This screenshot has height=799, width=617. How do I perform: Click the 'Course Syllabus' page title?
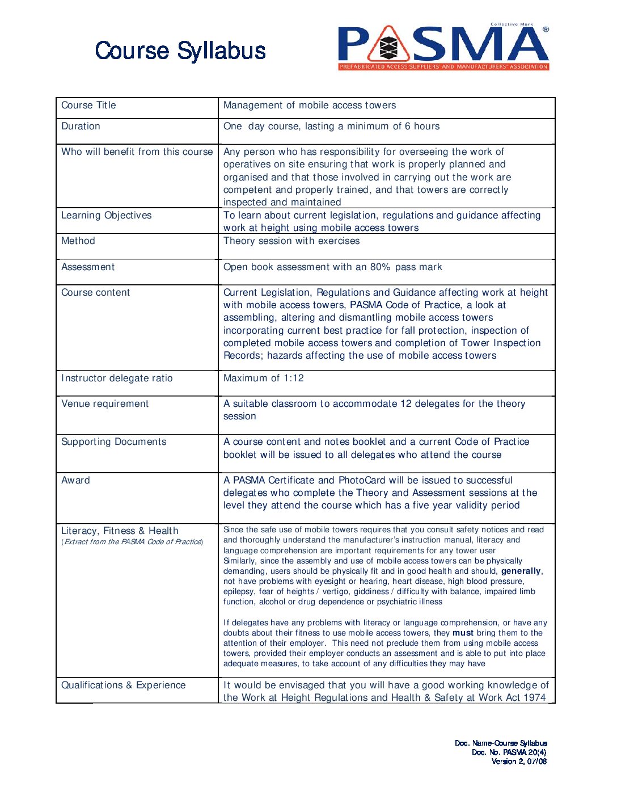tap(180, 51)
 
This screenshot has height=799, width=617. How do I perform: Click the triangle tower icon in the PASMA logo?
tap(388, 45)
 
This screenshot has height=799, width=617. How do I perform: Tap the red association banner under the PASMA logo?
tap(443, 66)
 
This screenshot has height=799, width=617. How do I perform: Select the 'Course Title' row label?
tap(88, 106)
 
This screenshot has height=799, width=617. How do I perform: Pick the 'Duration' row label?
tap(81, 127)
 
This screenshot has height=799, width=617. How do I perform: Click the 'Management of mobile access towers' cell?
tap(310, 106)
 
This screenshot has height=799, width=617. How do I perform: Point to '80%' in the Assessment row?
tap(380, 267)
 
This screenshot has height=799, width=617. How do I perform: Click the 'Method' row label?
tap(78, 241)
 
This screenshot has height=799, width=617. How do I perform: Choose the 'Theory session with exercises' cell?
tap(291, 241)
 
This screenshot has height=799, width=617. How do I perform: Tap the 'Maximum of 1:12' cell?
tap(264, 379)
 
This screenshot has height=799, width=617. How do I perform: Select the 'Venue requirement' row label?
tap(105, 404)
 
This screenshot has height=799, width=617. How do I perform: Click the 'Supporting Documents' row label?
tap(114, 442)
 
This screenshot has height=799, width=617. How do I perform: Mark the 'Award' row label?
tap(75, 481)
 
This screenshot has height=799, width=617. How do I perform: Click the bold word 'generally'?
tap(521, 571)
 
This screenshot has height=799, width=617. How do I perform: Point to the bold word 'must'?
tap(463, 633)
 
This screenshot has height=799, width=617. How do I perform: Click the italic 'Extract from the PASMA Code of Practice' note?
tap(132, 542)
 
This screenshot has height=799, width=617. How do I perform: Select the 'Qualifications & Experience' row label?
tap(123, 686)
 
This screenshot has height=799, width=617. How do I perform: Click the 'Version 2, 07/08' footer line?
tap(519, 762)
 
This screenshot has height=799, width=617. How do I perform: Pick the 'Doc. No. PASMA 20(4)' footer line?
tap(509, 752)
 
